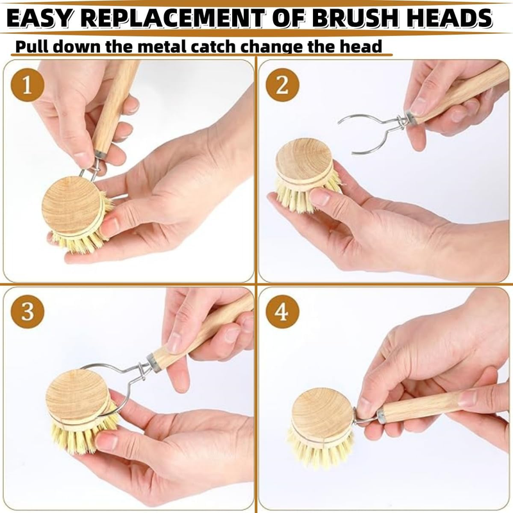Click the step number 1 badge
click(27, 85)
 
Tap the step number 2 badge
click(282, 85)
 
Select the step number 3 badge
click(27, 311)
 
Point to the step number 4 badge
click(282, 311)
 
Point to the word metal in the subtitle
click(162, 46)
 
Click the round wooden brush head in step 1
click(72, 205)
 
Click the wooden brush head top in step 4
click(322, 414)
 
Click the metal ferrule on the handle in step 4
click(380, 416)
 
